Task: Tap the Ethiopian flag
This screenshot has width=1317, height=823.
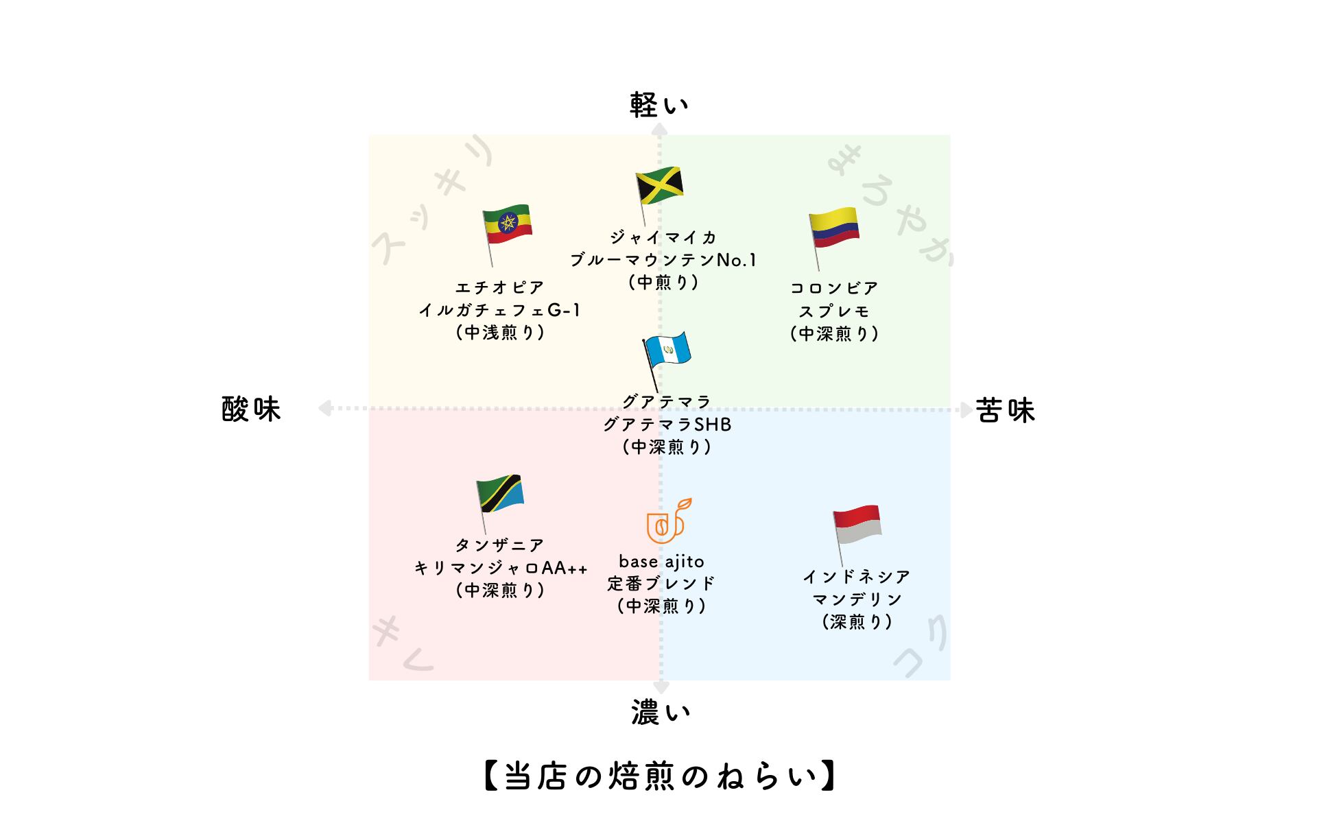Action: pyautogui.click(x=508, y=224)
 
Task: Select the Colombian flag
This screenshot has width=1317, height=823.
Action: pyautogui.click(x=834, y=227)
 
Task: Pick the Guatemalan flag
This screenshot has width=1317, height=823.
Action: pyautogui.click(x=667, y=350)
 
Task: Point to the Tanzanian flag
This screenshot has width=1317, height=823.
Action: pyautogui.click(x=501, y=492)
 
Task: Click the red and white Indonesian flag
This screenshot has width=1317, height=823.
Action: pyautogui.click(x=857, y=525)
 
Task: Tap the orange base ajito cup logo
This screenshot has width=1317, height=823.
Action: pyautogui.click(x=667, y=521)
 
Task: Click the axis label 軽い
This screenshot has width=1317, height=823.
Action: pyautogui.click(x=659, y=105)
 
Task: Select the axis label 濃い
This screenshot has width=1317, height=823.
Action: pyautogui.click(x=661, y=713)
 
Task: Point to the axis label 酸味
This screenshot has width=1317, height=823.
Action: pyautogui.click(x=252, y=409)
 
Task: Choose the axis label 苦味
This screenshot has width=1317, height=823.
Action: pyautogui.click(x=1005, y=410)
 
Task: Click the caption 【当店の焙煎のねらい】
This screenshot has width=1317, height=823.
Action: pyautogui.click(x=659, y=776)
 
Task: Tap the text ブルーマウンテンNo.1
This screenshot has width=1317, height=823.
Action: pyautogui.click(x=663, y=260)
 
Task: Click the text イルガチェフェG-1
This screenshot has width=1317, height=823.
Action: pyautogui.click(x=500, y=310)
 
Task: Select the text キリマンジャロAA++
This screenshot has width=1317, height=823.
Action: pyautogui.click(x=501, y=568)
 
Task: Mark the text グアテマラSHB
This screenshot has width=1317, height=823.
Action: pyautogui.click(x=667, y=425)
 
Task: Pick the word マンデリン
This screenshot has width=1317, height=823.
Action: pyautogui.click(x=857, y=599)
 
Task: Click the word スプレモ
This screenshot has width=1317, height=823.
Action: pyautogui.click(x=834, y=311)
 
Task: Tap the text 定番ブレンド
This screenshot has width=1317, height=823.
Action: pyautogui.click(x=661, y=584)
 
